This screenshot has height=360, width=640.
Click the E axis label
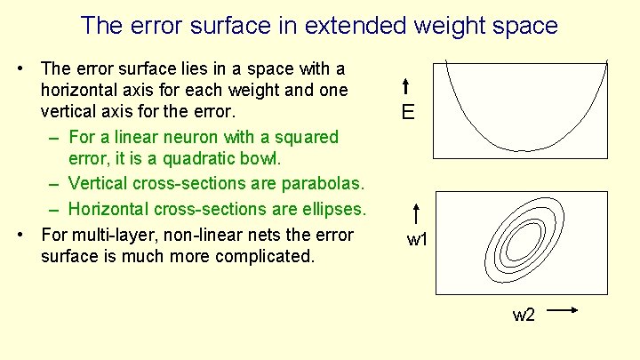(408, 112)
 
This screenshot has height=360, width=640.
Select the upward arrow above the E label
(404, 86)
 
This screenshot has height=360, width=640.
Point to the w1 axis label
(417, 239)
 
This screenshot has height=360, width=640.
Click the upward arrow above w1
(417, 214)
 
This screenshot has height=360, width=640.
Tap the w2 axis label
(524, 315)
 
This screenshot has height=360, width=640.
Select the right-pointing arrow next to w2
(562, 310)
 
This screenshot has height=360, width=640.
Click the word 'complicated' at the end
(262, 257)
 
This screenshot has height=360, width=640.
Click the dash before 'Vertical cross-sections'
(54, 184)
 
